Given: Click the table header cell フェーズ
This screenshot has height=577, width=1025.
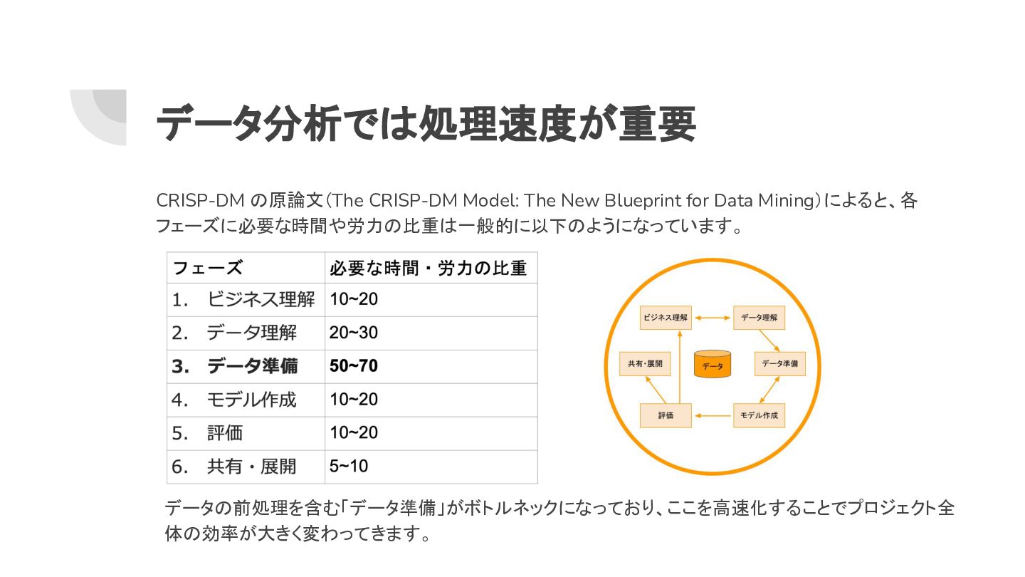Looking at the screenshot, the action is coord(207,268).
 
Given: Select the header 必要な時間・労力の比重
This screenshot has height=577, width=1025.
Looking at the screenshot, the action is coord(428,268).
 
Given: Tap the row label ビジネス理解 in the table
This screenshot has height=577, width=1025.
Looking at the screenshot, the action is coord(261,300).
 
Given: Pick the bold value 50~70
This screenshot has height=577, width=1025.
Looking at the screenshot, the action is coord(354,366).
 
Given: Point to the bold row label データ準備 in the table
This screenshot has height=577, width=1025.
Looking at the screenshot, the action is coord(252,366).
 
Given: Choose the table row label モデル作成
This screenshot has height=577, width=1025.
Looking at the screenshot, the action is coord(251,400).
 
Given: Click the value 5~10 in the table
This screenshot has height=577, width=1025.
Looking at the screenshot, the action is coord(349,467).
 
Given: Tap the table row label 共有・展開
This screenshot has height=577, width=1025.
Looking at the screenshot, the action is coord(251,467).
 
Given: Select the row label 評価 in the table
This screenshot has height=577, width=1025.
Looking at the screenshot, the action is coord(225,433).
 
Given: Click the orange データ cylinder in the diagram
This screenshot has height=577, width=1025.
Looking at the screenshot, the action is coord(713,365).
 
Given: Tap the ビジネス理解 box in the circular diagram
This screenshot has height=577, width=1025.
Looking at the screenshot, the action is coord(666,318).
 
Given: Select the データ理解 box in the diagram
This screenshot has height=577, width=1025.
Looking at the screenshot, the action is coord(759,318).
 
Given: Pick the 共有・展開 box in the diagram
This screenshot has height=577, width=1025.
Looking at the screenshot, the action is coord(645,363).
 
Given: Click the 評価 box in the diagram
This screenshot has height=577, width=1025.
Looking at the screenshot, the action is coord(666,415).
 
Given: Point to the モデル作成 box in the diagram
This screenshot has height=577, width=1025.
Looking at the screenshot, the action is coord(759,415).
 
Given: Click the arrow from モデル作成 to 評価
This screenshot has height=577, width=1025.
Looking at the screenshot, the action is coord(713,415).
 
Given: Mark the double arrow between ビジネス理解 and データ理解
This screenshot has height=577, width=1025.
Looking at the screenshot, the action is coord(713,318).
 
